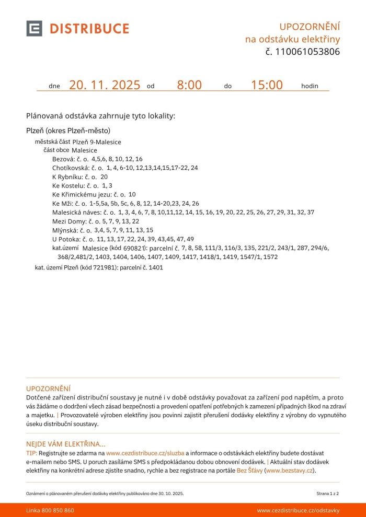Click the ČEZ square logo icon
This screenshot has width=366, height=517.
34,28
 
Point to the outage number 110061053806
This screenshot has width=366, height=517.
307,52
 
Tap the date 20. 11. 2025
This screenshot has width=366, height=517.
105,85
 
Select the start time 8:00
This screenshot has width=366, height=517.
189,85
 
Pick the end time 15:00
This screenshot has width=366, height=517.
267,85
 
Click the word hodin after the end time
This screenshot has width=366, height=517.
310,86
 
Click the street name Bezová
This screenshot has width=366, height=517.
63,159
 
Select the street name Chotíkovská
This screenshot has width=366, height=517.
71,168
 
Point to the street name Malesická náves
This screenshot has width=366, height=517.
76,213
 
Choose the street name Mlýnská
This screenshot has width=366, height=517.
64,230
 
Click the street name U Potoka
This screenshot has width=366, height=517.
65,239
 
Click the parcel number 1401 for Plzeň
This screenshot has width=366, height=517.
156,268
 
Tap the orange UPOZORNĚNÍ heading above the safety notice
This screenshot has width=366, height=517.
48,389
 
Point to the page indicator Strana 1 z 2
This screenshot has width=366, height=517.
328,493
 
